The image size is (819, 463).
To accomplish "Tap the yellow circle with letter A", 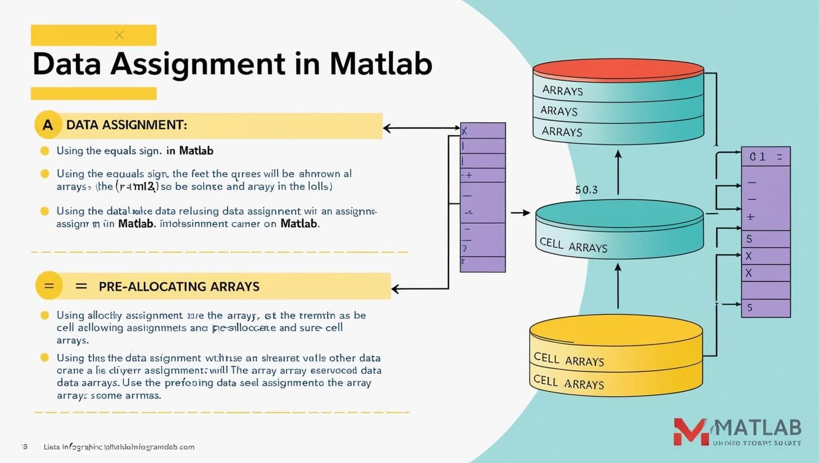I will click(48, 125).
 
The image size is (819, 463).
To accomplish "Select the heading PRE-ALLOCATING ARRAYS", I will click(179, 287).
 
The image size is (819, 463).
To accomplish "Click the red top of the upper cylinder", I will click(618, 69).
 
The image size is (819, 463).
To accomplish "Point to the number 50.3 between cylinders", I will click(586, 190).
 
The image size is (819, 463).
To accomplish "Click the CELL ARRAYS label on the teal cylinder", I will click(573, 245).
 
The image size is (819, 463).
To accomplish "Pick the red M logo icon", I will click(690, 432).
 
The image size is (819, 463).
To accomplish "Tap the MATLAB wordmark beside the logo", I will click(758, 428).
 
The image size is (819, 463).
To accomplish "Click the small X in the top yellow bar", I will click(119, 35).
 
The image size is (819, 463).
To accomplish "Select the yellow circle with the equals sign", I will click(49, 286).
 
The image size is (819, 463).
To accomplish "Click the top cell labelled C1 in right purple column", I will click(766, 157).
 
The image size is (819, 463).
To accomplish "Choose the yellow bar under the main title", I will click(93, 93).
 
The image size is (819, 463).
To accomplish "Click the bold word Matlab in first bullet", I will click(196, 151).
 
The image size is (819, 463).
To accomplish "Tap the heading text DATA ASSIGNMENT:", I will click(126, 125).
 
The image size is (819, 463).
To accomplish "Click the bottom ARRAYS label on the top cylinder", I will click(562, 132).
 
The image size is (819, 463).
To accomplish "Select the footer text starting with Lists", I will click(119, 447).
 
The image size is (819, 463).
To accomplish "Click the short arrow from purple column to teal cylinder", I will click(520, 213).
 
